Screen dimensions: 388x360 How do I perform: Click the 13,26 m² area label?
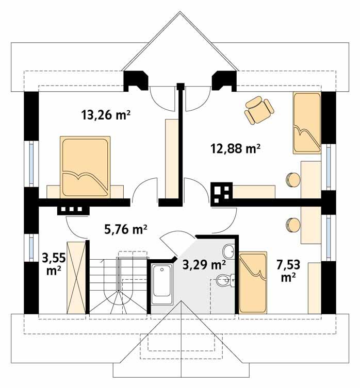[x=105, y=114]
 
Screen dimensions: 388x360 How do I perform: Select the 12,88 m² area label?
[x=235, y=149]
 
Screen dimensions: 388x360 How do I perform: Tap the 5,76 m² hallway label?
[x=126, y=229]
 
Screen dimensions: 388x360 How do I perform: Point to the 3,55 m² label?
[x=52, y=262]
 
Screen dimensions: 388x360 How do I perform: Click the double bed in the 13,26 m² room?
[x=85, y=166]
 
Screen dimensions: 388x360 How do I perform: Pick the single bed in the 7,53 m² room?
[x=253, y=282]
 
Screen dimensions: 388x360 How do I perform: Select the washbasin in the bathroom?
[x=229, y=252]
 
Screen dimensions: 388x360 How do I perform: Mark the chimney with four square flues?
[x=222, y=192]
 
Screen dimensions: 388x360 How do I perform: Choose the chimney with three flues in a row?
[x=73, y=209]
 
